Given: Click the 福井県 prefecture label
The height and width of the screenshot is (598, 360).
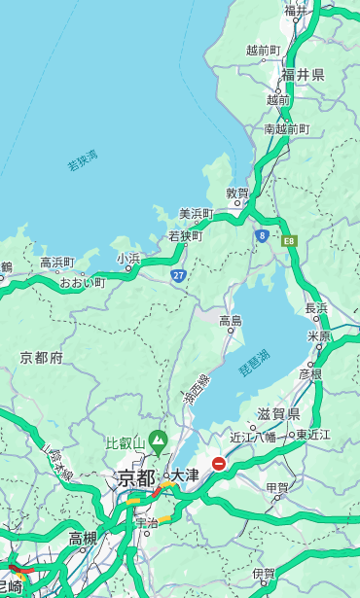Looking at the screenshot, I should pos(303,75).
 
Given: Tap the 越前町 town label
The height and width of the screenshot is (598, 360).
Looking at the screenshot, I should pos(263,50).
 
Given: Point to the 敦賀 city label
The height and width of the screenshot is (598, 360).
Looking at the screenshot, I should pos(237,193).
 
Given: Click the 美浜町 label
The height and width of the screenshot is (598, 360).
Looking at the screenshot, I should pos(197,214).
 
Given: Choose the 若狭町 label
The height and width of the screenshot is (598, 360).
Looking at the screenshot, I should pos(185,236).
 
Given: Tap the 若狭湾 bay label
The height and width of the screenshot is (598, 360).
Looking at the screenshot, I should pos(83,160).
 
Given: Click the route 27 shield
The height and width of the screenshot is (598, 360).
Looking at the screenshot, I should pos(178,276).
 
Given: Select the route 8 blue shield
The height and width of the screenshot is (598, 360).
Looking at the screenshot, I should pos(262,235).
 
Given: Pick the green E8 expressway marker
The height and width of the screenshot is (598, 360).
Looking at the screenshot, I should pos(289,239).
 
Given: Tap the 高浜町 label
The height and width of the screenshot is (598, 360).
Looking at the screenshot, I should pos(56,263).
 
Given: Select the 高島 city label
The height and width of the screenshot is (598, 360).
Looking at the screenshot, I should pos(231,321).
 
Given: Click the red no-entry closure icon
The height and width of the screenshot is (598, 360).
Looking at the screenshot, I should pos(219,464).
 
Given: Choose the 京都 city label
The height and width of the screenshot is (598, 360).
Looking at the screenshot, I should pos(135,477).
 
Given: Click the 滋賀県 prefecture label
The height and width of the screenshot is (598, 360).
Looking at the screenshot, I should pos(278,414).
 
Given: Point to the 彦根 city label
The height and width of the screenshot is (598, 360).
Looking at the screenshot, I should pos(309,373).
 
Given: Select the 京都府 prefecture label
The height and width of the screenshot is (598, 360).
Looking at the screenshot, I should pos(42,358).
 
